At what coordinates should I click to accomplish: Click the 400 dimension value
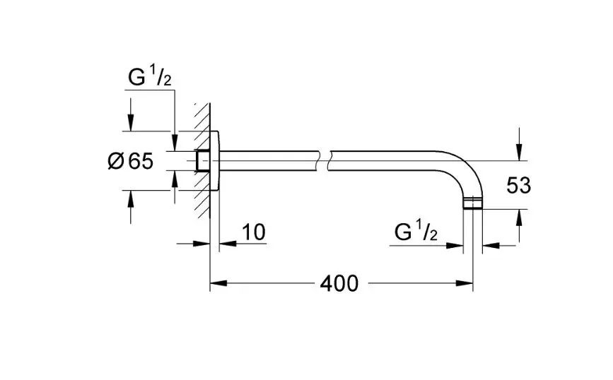tap(339, 284)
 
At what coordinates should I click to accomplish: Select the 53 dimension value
tap(518, 186)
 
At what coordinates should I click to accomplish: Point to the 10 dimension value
tap(254, 232)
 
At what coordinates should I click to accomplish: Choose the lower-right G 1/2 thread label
tap(416, 232)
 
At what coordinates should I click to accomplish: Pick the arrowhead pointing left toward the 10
tap(225, 244)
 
